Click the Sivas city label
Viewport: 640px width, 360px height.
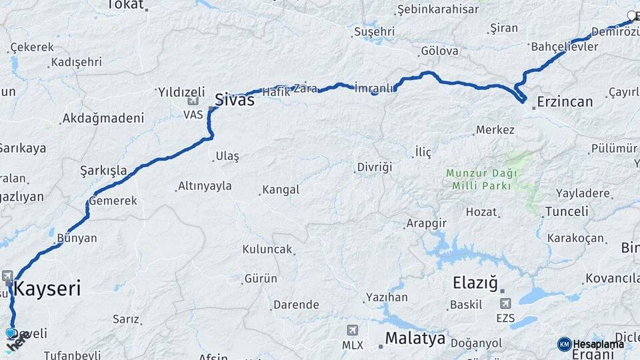[234, 100]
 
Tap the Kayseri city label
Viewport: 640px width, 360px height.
[47, 289]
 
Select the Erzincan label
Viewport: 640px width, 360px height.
[564, 102]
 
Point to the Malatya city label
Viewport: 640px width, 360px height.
[415, 339]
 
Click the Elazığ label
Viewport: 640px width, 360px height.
[475, 283]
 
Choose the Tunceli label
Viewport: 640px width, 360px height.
[566, 211]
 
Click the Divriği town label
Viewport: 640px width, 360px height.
[375, 167]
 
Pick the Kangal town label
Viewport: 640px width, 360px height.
[281, 190]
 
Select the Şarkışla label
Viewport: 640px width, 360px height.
[103, 170]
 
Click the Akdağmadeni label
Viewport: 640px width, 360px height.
[103, 119]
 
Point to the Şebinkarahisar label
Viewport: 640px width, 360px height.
[437, 9]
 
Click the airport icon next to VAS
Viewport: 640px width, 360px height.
[193, 101]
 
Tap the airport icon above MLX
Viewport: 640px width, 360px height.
[353, 330]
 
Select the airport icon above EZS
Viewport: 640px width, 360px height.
[505, 304]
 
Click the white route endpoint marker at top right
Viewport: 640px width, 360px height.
[632, 15]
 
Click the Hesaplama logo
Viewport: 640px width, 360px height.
[591, 344]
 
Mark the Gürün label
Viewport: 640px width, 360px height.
[261, 278]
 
